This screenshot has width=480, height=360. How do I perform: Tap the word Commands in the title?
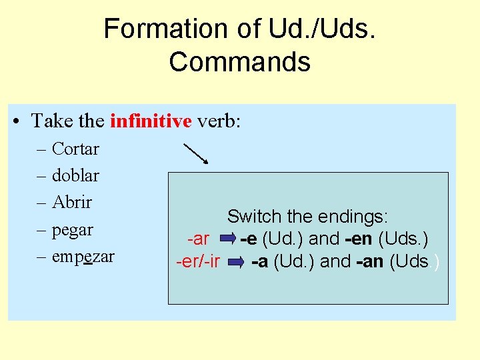239,62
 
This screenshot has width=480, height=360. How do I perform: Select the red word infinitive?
151,121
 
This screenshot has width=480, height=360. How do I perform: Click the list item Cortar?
75,149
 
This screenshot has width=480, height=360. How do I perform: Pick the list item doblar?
75,175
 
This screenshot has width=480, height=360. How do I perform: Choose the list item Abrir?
72,202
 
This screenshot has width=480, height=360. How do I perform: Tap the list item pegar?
73,229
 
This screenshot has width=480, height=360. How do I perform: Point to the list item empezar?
83,256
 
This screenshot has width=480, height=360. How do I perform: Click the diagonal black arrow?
195,152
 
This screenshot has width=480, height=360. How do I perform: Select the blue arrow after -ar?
227,238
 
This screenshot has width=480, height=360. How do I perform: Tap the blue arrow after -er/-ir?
234,262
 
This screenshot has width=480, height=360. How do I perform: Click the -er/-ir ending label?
197,261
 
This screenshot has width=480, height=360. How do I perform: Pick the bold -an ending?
369,261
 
